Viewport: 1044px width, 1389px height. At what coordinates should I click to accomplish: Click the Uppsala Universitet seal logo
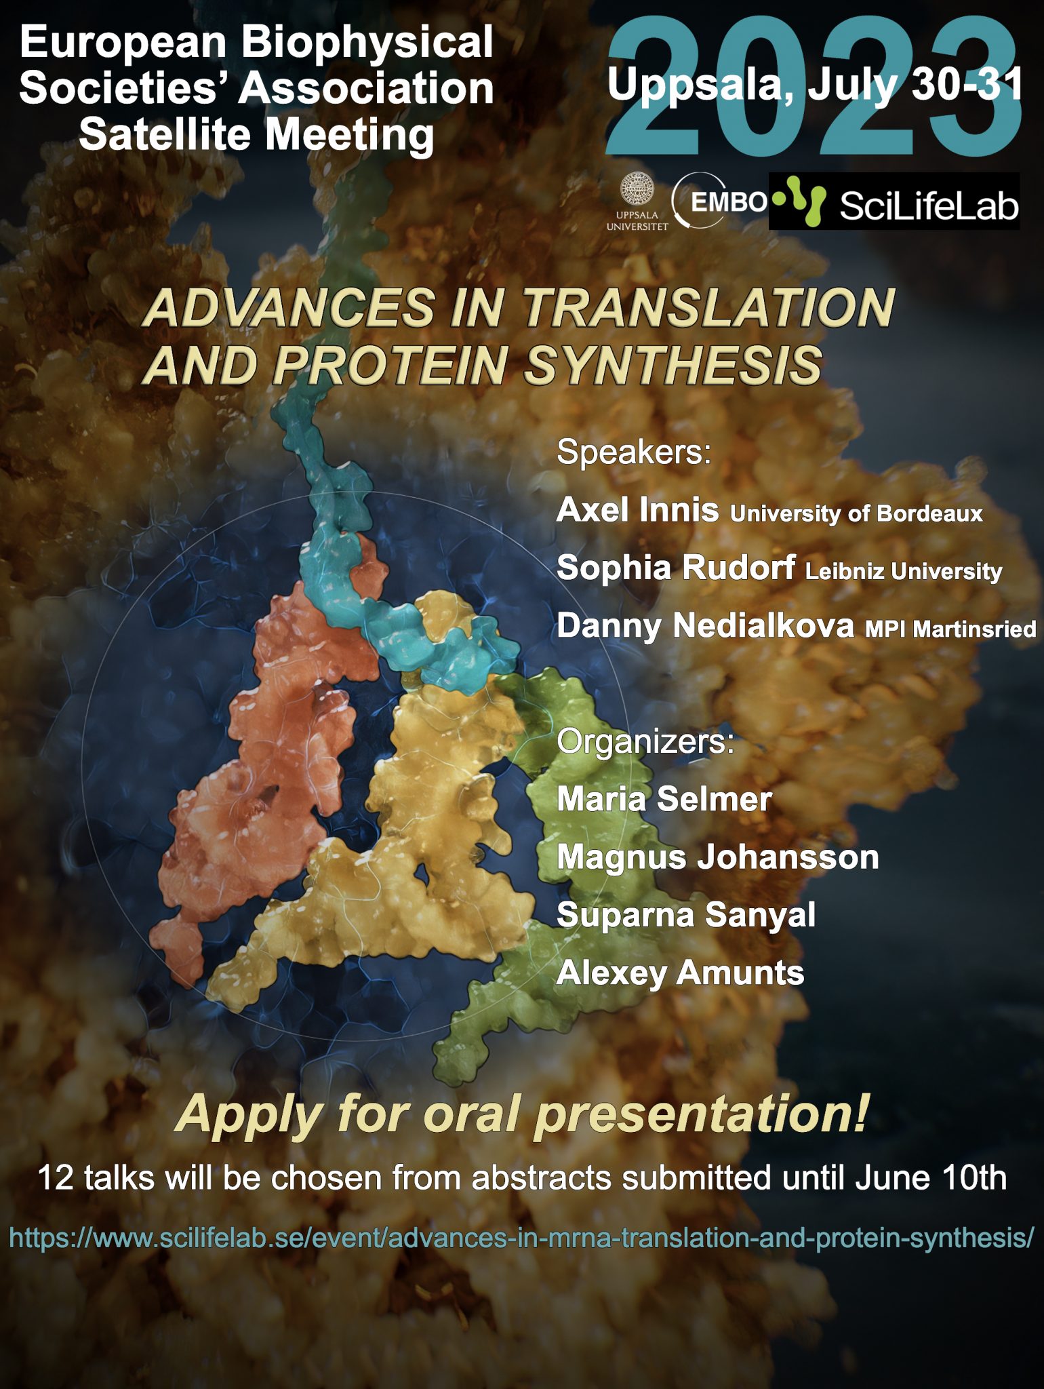tap(637, 201)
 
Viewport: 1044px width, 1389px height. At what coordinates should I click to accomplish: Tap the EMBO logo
tap(720, 201)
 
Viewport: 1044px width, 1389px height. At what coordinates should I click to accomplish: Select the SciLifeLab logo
tap(894, 201)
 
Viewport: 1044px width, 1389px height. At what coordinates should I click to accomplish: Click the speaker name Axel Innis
tap(637, 509)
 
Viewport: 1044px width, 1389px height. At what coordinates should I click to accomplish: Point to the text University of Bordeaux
tap(856, 513)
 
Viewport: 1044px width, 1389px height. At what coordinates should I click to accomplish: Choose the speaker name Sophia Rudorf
tap(676, 567)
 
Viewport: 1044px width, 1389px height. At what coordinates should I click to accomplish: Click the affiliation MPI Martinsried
tap(950, 629)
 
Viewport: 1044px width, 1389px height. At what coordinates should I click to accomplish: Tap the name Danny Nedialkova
tap(705, 625)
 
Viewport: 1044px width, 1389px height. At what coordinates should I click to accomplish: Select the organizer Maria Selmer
tap(664, 799)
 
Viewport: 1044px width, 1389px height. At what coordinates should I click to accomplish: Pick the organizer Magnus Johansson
tap(718, 857)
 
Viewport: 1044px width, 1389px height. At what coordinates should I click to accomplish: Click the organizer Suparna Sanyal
tap(686, 915)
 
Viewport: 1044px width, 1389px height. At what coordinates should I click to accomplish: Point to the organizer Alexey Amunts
tap(681, 973)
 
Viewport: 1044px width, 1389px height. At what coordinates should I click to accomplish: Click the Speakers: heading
tap(634, 452)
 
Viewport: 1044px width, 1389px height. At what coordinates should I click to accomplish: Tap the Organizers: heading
tap(645, 741)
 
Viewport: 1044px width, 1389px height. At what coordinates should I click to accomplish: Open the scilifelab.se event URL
tap(521, 1238)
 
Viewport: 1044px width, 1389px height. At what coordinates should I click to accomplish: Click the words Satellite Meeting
tap(256, 134)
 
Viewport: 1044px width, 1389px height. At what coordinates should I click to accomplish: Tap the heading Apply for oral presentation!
tap(521, 1114)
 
